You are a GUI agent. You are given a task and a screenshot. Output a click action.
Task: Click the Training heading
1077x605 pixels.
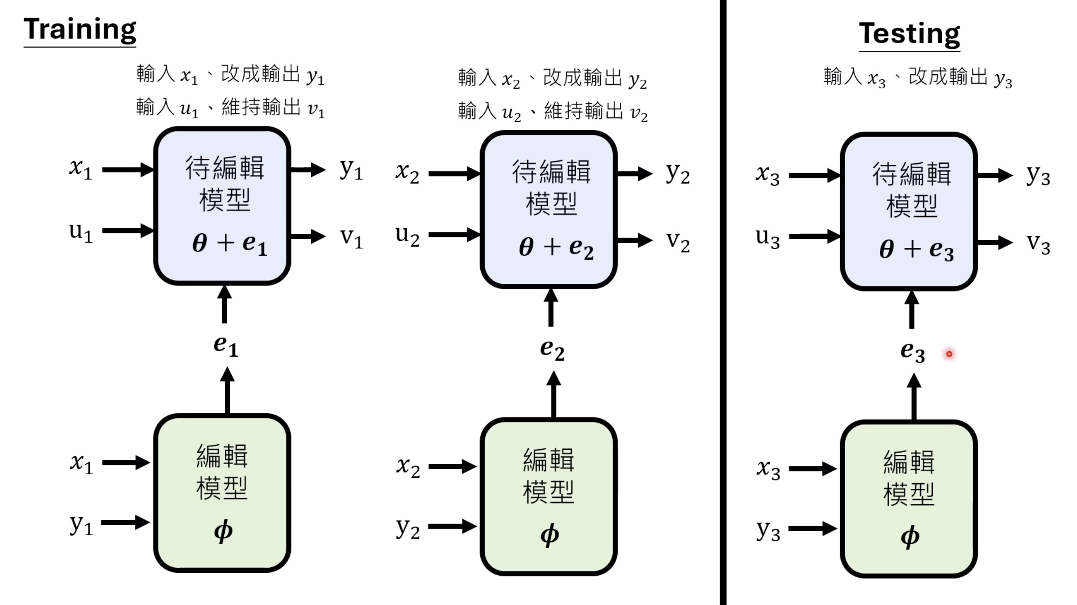click(x=80, y=30)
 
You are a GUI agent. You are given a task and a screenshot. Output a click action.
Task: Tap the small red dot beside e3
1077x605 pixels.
click(x=949, y=354)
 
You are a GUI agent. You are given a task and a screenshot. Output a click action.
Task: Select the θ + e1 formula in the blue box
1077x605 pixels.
click(x=229, y=244)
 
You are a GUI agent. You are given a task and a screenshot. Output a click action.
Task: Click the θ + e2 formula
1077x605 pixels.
click(x=556, y=248)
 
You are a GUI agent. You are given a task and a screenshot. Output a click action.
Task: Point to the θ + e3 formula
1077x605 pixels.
click(x=916, y=250)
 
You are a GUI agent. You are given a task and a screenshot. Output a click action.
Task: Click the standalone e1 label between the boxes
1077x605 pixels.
click(x=226, y=346)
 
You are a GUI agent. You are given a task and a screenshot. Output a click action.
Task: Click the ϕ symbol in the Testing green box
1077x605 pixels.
click(x=910, y=537)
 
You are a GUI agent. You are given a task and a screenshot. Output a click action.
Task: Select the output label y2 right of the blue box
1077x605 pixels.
click(x=678, y=174)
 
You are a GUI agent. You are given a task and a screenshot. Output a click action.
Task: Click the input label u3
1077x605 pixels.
click(x=767, y=238)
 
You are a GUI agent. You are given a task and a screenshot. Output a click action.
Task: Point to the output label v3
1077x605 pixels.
click(x=1038, y=244)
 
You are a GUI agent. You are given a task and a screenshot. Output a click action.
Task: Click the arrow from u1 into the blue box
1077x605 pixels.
click(x=127, y=231)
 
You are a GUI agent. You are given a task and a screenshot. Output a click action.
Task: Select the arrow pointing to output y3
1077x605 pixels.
click(x=994, y=175)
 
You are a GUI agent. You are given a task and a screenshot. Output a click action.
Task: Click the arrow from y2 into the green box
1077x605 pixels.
click(x=452, y=527)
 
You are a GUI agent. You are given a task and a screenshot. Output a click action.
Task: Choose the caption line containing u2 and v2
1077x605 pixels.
click(x=553, y=112)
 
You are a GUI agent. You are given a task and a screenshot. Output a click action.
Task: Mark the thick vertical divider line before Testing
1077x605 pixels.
click(x=723, y=302)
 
